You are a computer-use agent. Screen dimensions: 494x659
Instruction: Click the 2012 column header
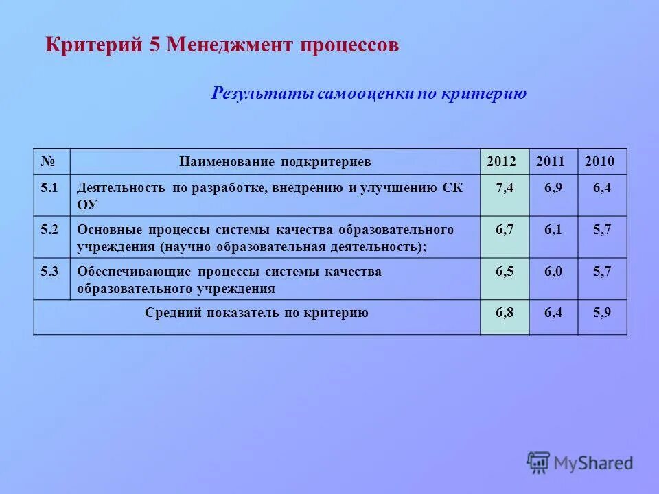coord(504,163)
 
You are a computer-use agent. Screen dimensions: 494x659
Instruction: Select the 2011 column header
coord(553,163)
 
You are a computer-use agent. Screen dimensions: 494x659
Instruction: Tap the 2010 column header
coord(601,163)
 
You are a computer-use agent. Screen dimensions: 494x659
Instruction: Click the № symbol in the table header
coord(47,163)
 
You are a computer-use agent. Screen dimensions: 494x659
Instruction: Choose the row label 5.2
coord(49,230)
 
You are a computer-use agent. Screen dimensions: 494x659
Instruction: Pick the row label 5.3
coord(49,271)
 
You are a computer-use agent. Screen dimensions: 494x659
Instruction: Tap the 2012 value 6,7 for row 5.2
coord(505,230)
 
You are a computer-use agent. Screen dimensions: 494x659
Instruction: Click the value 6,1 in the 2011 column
coord(553,230)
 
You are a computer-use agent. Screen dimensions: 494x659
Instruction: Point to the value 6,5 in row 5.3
coord(505,271)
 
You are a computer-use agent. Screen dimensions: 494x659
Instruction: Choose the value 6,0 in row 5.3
coord(553,271)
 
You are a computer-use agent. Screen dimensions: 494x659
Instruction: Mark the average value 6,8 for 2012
coord(505,313)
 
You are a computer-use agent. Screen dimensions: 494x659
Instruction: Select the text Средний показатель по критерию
coord(257,313)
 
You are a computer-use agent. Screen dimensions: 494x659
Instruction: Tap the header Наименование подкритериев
coord(275,163)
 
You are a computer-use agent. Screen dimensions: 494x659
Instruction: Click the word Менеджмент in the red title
coord(231,46)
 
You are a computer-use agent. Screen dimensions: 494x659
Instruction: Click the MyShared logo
coord(580,462)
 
